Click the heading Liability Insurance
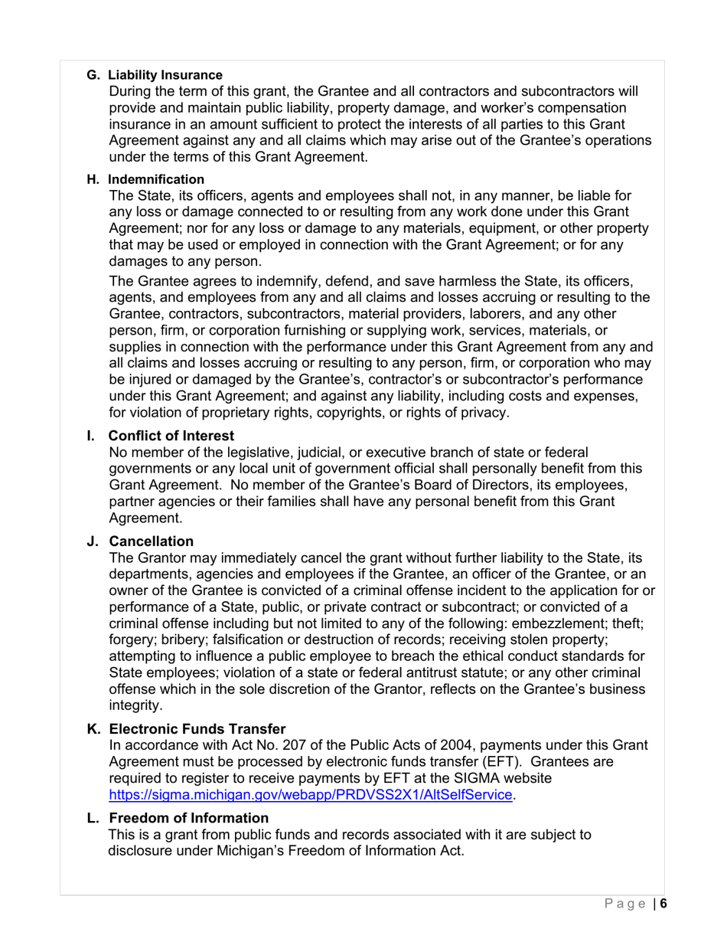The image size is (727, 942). coord(165,75)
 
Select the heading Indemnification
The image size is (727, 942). coord(156,179)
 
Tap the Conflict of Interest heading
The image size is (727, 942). coord(171,436)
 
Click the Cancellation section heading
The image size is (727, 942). coord(152,541)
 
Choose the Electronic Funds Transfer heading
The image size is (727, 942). coord(197,729)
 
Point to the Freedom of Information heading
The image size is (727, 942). coord(189,818)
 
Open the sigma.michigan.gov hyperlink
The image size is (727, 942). coord(311,795)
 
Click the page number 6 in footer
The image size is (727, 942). coord(664,904)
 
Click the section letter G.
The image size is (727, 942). coord(93,75)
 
